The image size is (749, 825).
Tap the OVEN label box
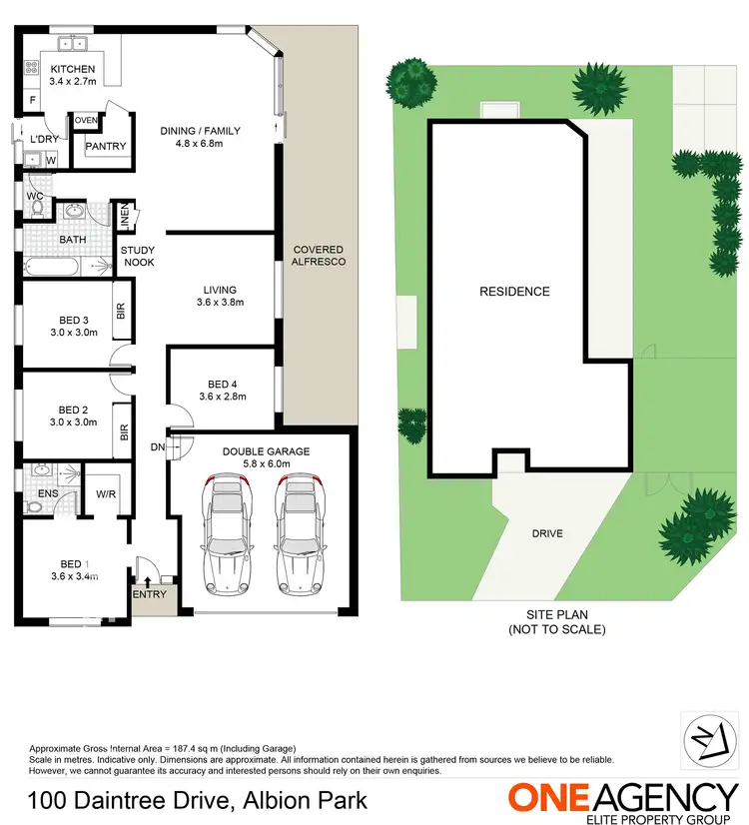(87, 121)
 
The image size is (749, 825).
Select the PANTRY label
(106, 147)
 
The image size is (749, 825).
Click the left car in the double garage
(228, 534)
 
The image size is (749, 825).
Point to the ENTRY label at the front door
(150, 595)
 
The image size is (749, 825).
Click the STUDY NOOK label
(138, 256)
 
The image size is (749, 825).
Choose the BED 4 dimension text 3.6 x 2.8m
(222, 398)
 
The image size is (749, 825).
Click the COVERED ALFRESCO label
(319, 256)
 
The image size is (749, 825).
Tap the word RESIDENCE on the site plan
(514, 292)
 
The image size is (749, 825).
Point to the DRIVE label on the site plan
(546, 533)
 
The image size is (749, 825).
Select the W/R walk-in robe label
(106, 493)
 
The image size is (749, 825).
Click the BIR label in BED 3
(122, 313)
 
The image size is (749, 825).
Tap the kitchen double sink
(72, 44)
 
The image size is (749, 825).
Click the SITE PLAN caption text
(556, 623)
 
